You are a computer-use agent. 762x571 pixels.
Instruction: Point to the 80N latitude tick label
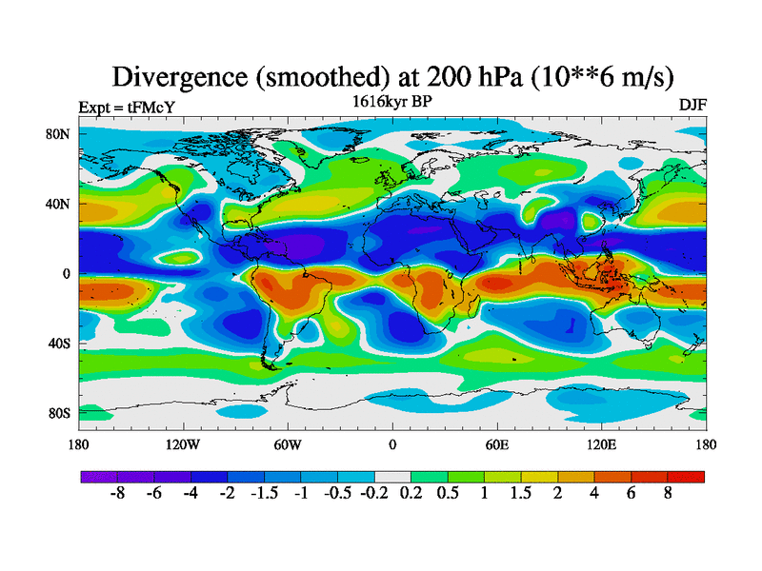[x=60, y=134]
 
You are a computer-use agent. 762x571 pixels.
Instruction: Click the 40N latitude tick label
[x=60, y=204]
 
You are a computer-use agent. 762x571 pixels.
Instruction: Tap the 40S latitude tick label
[x=60, y=343]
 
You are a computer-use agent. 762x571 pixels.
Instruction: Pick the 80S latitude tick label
[x=60, y=413]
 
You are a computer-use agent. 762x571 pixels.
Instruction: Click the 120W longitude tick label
[x=183, y=443]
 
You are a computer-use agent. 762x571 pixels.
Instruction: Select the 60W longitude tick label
[x=288, y=443]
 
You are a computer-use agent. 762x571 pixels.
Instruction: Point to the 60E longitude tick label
[x=496, y=443]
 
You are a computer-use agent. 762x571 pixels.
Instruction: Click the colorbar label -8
[x=118, y=496]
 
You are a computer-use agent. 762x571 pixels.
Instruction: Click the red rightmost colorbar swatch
[x=687, y=477]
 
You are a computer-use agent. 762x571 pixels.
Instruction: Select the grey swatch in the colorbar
[x=391, y=477]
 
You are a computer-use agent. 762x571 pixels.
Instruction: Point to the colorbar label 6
[x=631, y=496]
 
